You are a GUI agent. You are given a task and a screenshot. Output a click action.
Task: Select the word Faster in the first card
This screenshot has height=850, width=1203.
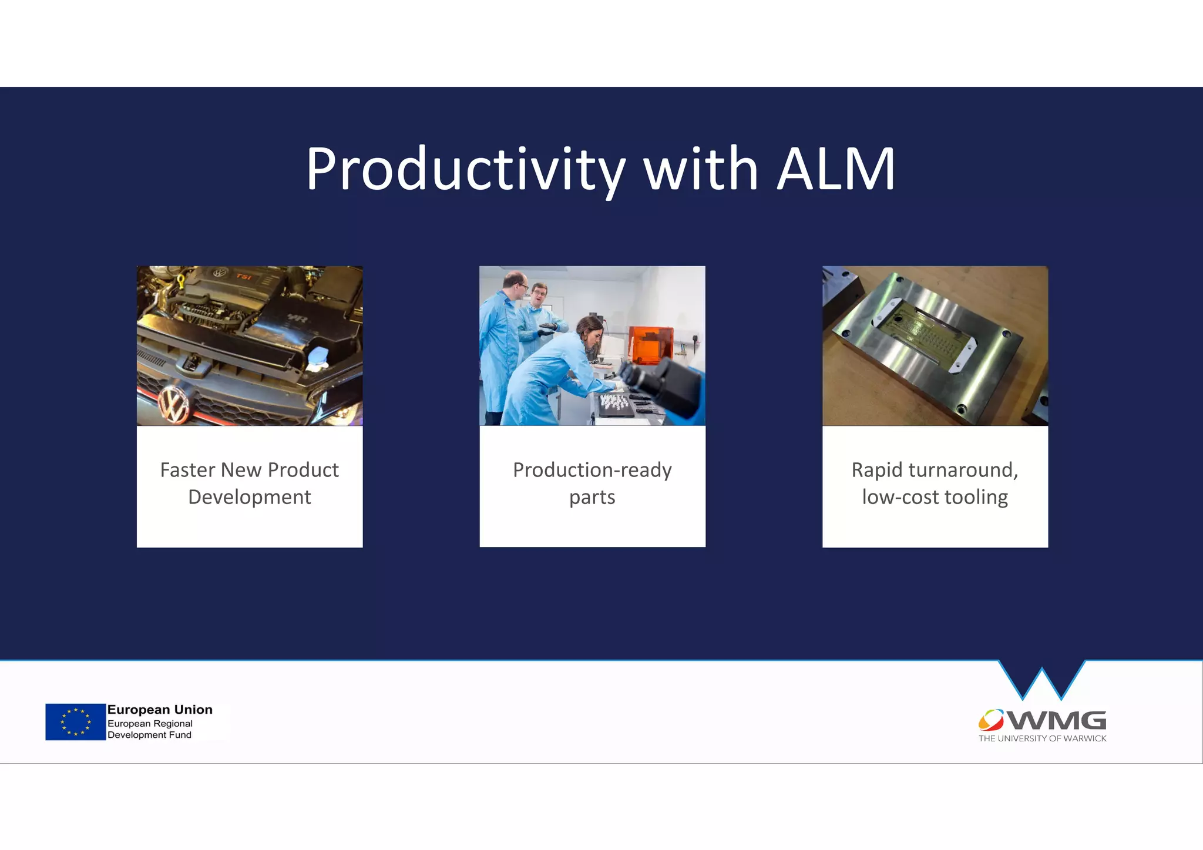click(x=187, y=470)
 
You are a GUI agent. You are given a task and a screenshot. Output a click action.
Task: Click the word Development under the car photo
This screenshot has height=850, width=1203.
click(x=250, y=498)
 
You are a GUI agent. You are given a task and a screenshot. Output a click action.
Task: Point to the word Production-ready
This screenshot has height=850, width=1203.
click(x=592, y=470)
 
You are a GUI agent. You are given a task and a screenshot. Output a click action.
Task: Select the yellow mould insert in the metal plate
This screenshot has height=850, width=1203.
click(x=929, y=334)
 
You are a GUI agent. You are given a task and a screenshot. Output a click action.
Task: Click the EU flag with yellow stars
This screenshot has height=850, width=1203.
click(x=75, y=722)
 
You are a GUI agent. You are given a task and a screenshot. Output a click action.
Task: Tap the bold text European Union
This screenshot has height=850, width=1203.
click(x=160, y=710)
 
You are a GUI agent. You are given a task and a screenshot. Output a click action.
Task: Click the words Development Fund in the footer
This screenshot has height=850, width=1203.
click(x=149, y=735)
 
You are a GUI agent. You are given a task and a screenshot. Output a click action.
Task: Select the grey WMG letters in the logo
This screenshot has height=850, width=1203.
click(x=1057, y=720)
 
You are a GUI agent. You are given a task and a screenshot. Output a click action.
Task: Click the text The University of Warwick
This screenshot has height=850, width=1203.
click(x=1042, y=738)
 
